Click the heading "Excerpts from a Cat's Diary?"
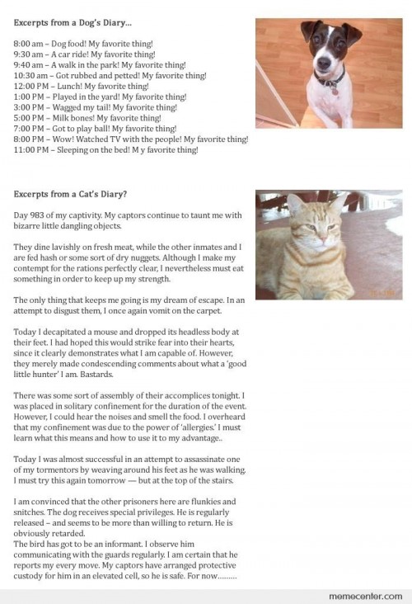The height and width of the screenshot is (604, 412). pos(69,195)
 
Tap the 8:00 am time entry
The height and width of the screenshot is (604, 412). pos(30,42)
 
